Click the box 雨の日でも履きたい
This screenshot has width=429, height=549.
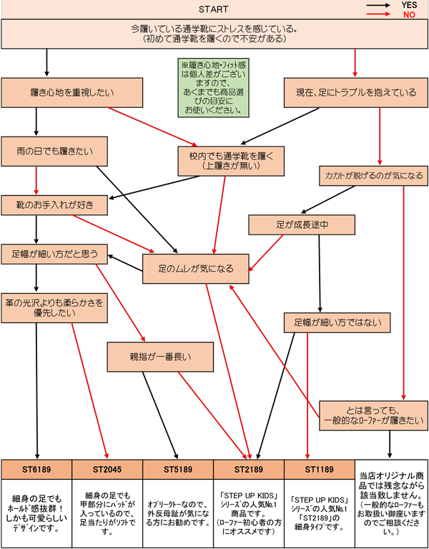click(x=55, y=152)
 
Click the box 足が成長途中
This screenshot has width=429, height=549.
click(x=302, y=225)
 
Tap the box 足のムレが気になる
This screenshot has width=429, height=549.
click(x=196, y=270)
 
